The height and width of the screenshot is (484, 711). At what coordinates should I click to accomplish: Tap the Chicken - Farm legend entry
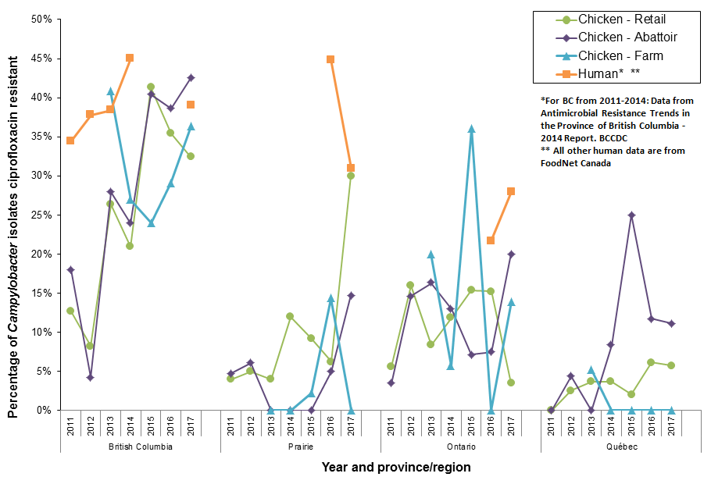[x=620, y=55]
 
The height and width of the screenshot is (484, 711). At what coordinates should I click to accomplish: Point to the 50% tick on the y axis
[x=41, y=20]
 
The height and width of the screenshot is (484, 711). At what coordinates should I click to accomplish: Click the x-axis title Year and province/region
[x=396, y=467]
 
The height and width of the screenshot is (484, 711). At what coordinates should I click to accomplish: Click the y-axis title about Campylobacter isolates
[x=13, y=215]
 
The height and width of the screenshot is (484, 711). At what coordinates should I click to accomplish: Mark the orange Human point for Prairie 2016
[x=330, y=59]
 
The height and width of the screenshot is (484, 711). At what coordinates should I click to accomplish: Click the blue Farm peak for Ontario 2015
[x=471, y=129]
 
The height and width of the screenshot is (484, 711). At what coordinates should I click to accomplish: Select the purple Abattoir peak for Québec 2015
[x=631, y=215]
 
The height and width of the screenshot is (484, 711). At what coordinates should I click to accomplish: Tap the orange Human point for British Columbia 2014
[x=130, y=58]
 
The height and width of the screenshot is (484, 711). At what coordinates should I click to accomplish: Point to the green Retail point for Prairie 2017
[x=351, y=176]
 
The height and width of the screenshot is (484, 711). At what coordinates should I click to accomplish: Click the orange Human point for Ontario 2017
[x=511, y=191]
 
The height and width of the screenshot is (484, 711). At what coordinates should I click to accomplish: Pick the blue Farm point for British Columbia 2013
[x=110, y=91]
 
